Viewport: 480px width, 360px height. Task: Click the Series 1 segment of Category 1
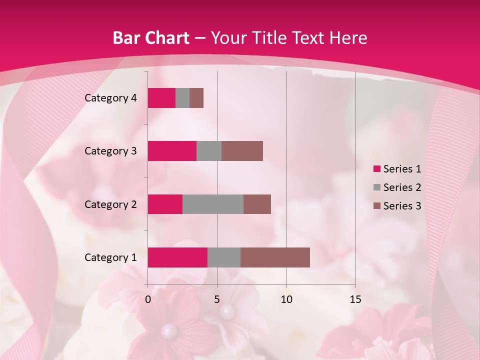(177, 257)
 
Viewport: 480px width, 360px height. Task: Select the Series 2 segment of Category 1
(224, 257)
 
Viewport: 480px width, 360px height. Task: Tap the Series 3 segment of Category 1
(275, 257)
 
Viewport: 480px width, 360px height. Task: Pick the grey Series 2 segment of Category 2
(213, 204)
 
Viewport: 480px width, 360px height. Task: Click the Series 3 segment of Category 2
(257, 204)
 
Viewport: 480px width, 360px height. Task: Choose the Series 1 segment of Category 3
(172, 151)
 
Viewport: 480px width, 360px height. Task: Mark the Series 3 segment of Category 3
(242, 151)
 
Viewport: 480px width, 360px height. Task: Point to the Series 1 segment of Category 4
(161, 98)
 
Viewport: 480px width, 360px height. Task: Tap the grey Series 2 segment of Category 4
(182, 98)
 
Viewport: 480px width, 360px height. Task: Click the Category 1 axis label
(110, 257)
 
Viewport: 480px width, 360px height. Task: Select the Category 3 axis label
(110, 151)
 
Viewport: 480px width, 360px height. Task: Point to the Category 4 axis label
(110, 98)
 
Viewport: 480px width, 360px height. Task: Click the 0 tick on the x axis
(148, 299)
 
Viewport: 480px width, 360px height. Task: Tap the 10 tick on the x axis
(286, 299)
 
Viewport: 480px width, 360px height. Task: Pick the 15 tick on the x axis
(355, 299)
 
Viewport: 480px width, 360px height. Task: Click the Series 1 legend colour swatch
(376, 169)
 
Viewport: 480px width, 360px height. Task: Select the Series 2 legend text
(402, 187)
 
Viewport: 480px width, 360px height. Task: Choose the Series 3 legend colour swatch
(376, 206)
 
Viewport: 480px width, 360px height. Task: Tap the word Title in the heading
(269, 38)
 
